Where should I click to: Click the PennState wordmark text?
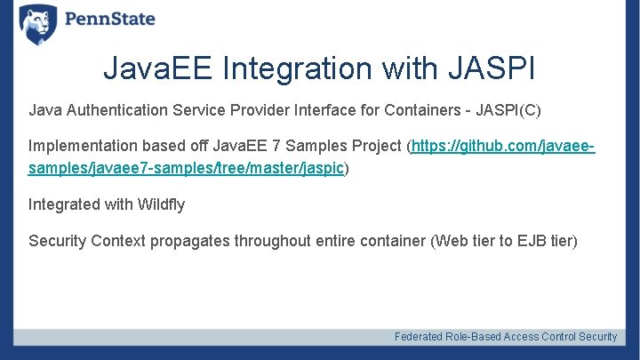(x=109, y=20)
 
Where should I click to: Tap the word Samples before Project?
(x=314, y=146)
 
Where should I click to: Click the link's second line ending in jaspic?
(x=186, y=168)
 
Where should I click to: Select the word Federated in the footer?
(x=421, y=337)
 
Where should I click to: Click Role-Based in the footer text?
(x=476, y=337)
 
